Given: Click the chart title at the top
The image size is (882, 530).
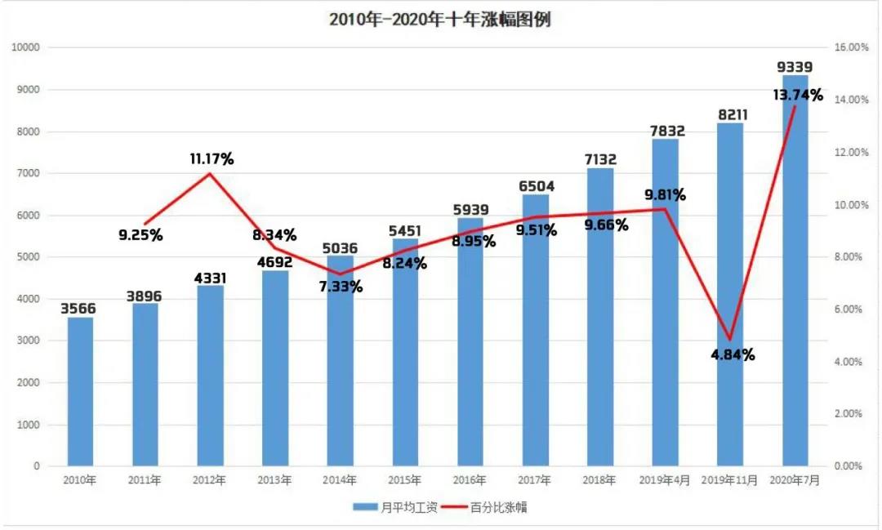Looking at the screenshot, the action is tap(440, 20).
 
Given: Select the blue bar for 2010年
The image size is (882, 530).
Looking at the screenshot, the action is tap(80, 392).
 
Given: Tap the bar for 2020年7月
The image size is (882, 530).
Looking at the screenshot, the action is tap(795, 270).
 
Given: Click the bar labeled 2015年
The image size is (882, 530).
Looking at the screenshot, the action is tap(405, 352).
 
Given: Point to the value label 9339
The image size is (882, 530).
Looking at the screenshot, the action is tap(795, 67).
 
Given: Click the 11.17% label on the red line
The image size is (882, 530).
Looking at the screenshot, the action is tap(212, 159).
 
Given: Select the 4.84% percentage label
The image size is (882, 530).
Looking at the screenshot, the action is tap(733, 355).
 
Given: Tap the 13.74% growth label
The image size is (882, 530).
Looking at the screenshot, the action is tap(798, 95).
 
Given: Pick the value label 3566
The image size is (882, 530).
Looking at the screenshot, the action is tap(78, 309).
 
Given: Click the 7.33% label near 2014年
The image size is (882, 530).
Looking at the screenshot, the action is tap(341, 287).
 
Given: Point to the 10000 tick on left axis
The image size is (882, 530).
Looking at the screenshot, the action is tap(25, 47).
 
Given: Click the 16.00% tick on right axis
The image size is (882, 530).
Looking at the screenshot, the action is tap(852, 47).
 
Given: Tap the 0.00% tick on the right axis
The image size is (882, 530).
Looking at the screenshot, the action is tap(849, 465).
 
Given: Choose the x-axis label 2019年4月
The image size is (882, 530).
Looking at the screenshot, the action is tap(664, 480).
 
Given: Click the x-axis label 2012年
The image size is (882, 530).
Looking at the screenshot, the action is tap(209, 480).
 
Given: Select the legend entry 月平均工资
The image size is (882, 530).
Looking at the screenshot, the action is tap(395, 507).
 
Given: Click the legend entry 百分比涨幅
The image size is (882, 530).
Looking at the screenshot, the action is tap(484, 507).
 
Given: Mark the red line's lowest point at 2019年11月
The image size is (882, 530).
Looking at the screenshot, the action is tap(730, 339).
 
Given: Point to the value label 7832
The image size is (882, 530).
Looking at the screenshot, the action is tap(668, 131).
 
